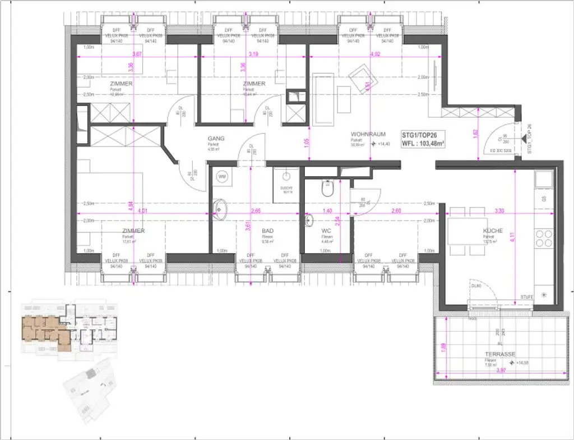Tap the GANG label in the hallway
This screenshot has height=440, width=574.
pos(216,138)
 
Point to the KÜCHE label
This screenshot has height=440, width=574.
pos(493,231)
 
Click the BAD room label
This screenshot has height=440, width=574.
pos(267,231)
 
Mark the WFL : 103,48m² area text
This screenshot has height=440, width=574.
pos(424,144)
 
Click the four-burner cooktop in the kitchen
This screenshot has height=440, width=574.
pos(543,239)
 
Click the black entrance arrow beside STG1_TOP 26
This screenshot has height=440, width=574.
pos(522,137)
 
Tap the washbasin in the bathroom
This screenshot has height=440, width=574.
pos(220,209)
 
